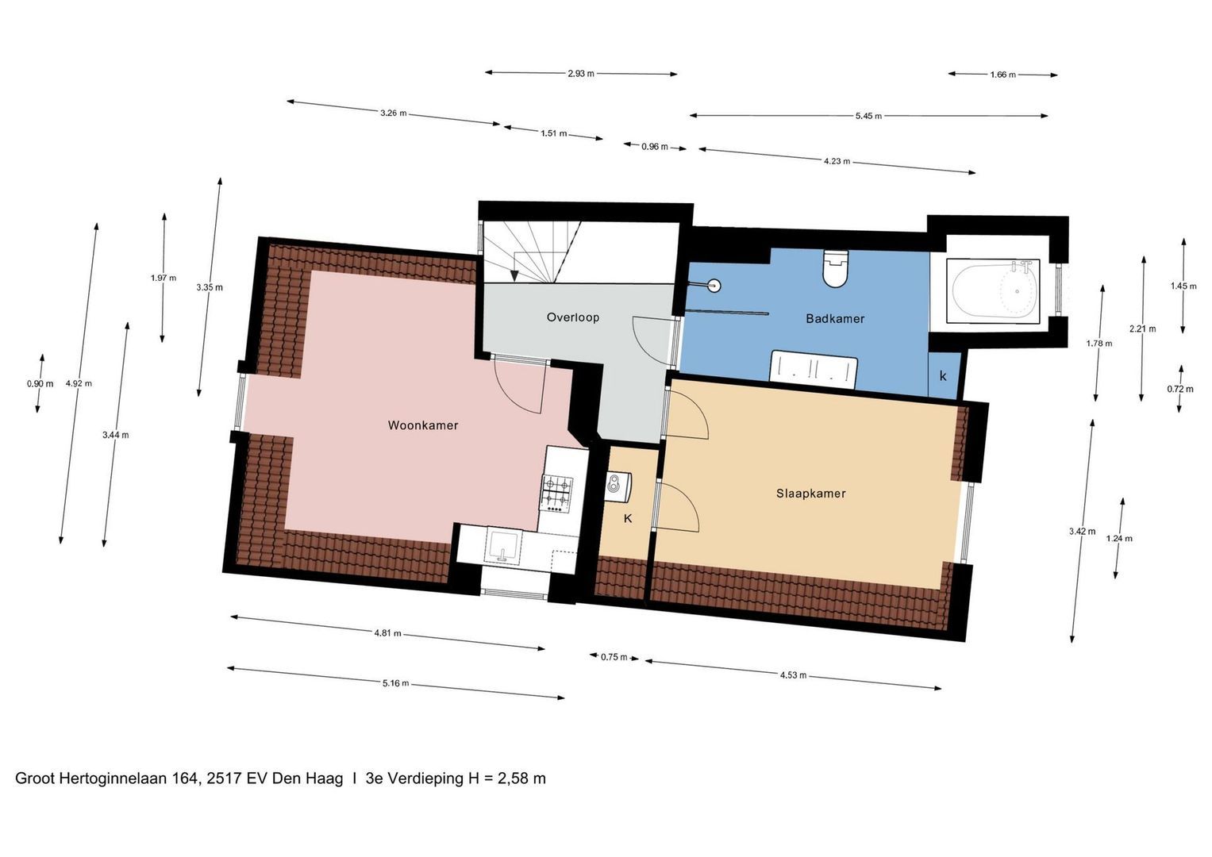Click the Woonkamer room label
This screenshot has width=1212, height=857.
[422, 425]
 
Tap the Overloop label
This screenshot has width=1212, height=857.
[572, 317]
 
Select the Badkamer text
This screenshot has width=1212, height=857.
[835, 319]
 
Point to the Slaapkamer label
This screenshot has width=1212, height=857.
[810, 494]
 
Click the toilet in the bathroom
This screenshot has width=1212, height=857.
[835, 268]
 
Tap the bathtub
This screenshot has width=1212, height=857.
[994, 291]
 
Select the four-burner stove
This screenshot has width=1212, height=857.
[557, 493]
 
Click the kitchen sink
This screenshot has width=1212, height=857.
[503, 546]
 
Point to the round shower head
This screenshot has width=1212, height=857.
[714, 285]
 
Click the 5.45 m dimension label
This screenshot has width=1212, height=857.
[868, 116]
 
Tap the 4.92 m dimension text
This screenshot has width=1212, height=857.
[79, 383]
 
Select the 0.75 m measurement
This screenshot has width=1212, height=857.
[614, 657]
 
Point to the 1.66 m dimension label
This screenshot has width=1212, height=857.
[1002, 75]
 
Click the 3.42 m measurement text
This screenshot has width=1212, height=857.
[1082, 532]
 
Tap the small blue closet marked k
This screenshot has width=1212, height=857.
[945, 375]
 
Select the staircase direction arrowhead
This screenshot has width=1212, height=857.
[514, 276]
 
